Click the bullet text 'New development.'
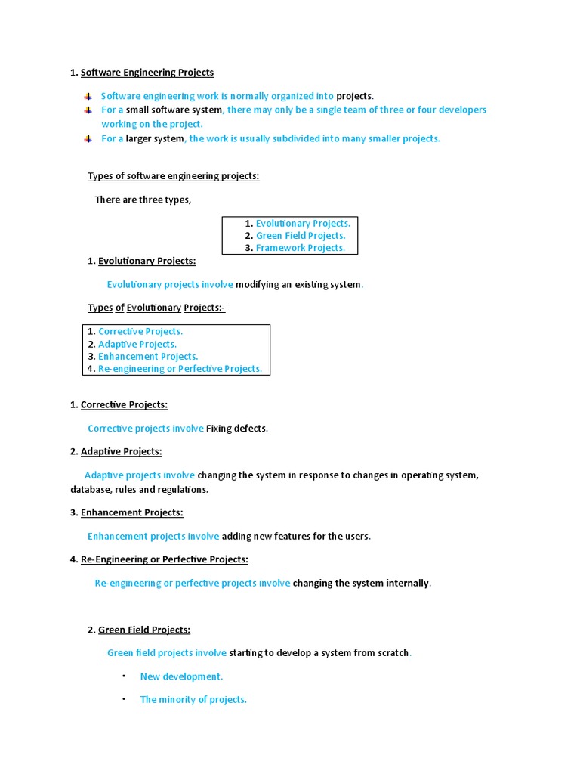181,676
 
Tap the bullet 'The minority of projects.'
193,699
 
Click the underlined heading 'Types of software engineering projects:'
173,176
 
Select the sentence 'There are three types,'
143,200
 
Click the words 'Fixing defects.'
237,429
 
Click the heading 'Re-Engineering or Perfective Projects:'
164,559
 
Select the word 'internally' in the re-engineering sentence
406,583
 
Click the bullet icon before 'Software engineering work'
88,96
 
